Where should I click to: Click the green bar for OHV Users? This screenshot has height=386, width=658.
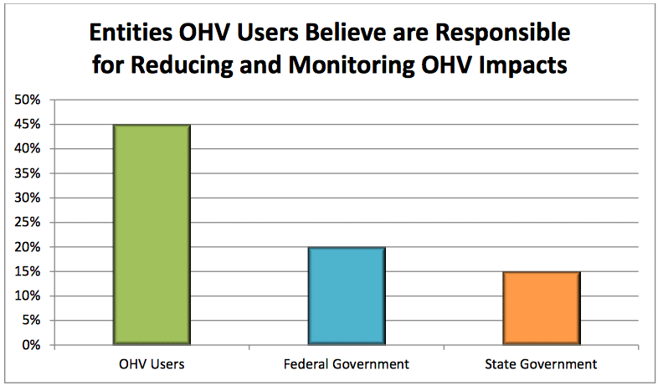(x=152, y=234)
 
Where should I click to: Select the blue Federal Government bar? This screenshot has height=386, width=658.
(x=346, y=296)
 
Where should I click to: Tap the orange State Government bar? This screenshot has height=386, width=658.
(x=541, y=308)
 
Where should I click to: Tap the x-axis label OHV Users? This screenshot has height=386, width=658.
(x=152, y=364)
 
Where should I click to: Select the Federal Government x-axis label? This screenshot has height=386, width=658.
(x=346, y=364)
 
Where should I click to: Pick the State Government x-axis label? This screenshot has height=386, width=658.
(x=541, y=364)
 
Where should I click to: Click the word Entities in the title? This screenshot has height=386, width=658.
(x=133, y=33)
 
